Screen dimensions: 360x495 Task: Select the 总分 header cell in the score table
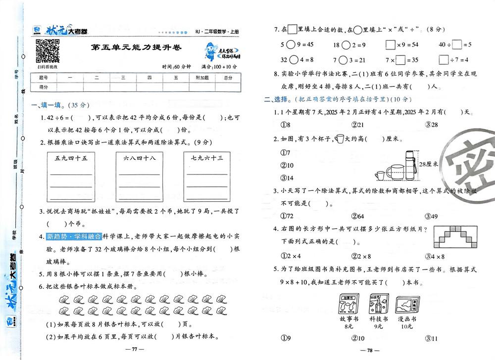tap(227, 78)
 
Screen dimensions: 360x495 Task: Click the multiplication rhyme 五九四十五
tap(71, 159)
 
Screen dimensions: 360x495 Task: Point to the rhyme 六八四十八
tap(139, 159)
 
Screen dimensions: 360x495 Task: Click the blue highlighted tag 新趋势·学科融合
tap(74, 236)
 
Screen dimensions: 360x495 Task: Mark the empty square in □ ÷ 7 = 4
tap(443, 60)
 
